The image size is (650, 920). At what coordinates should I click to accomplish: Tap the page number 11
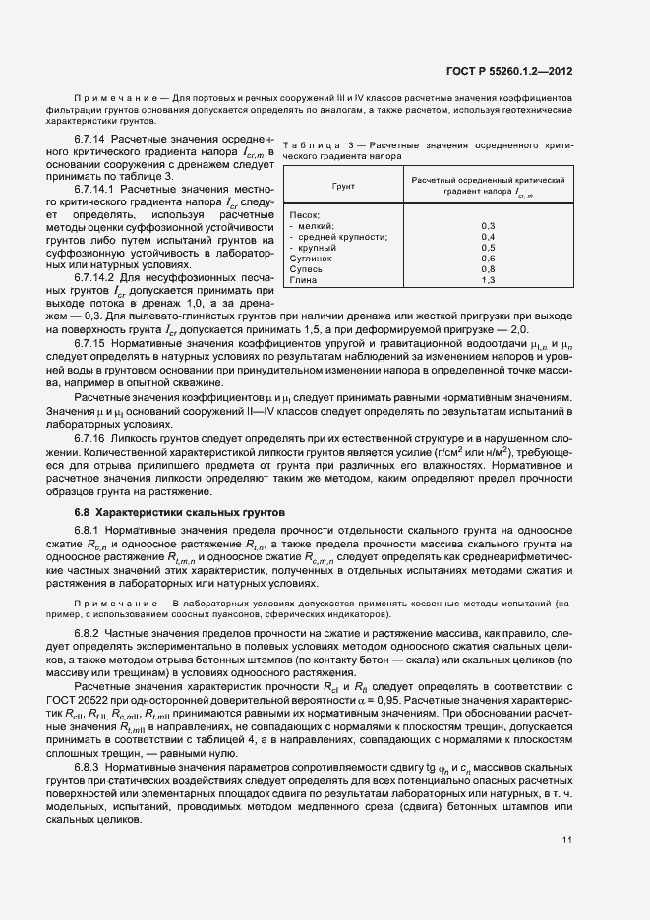(568, 838)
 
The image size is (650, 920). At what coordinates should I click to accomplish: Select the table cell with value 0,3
(488, 226)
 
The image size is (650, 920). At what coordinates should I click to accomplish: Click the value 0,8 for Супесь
(488, 268)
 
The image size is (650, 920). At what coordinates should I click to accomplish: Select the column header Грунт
(343, 185)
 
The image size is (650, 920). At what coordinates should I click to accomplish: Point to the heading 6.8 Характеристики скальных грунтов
(179, 512)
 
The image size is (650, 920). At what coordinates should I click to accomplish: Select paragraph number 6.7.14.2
(95, 278)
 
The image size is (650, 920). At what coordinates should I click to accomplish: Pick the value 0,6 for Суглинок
(488, 258)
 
